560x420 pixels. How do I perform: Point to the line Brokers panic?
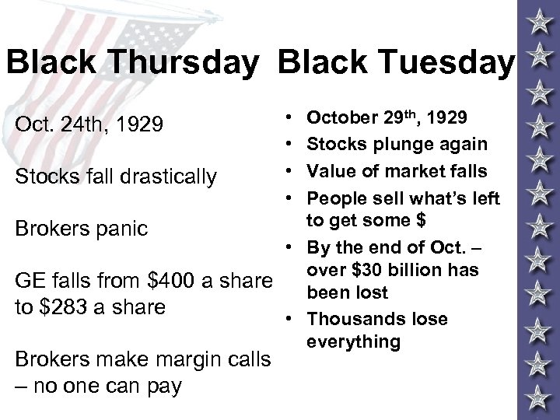coord(82,229)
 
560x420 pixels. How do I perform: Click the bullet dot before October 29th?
coord(289,118)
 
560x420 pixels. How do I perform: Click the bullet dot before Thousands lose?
coord(289,320)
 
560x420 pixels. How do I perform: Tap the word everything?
coord(353,342)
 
